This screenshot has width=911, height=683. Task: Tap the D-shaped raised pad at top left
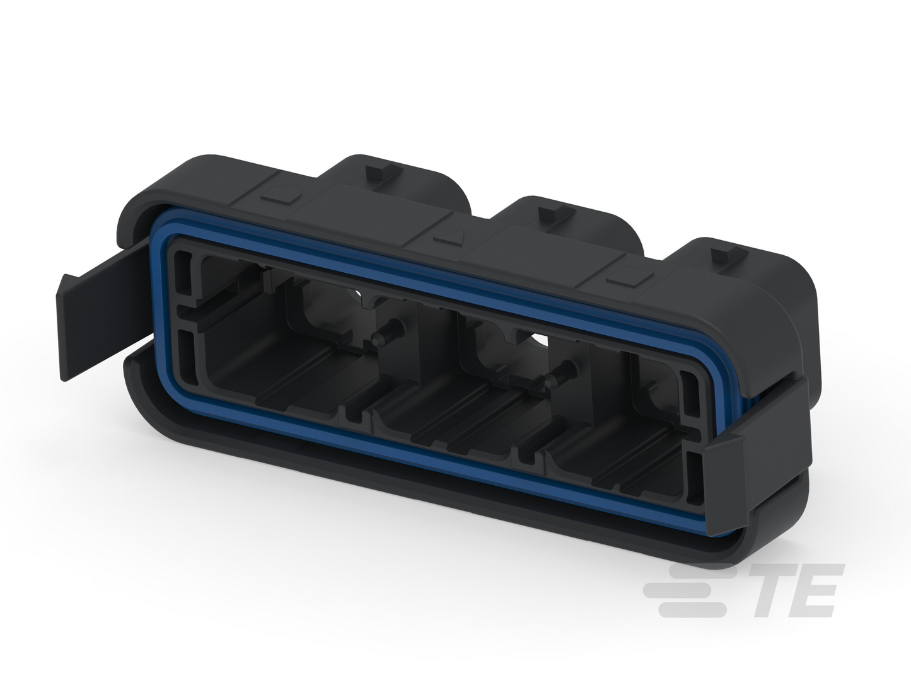(x=282, y=193)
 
